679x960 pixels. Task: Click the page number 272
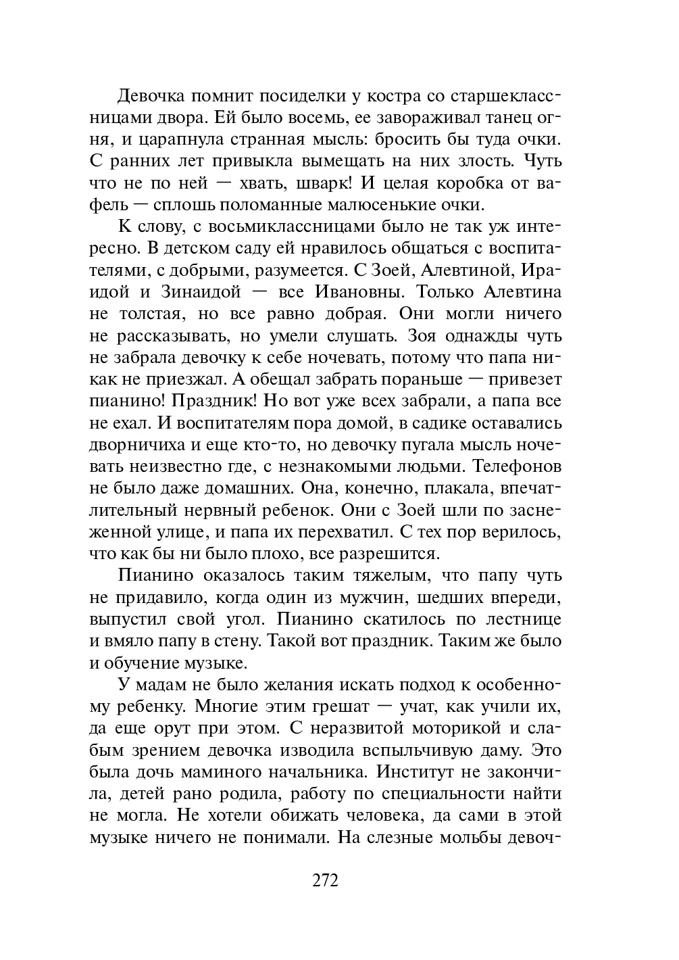[325, 880]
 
